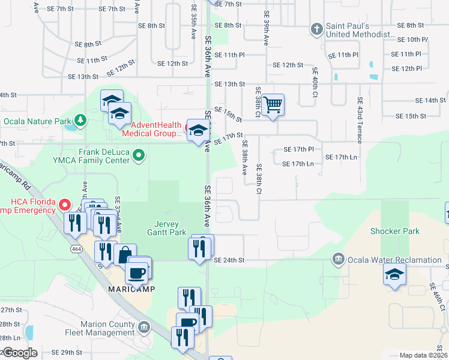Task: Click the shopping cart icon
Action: point(273,105)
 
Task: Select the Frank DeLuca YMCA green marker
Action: point(139,156)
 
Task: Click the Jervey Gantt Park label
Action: point(167,227)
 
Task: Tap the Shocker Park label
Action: point(394,231)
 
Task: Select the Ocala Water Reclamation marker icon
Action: point(339,259)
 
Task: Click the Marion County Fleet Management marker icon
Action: point(144,327)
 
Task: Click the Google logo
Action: point(20,353)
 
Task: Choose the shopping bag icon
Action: point(124,255)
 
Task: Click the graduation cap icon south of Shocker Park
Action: point(394,274)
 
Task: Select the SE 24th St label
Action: point(229,260)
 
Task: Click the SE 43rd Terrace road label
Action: point(360,120)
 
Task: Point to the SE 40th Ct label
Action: point(314,82)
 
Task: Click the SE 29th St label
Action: point(66,352)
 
